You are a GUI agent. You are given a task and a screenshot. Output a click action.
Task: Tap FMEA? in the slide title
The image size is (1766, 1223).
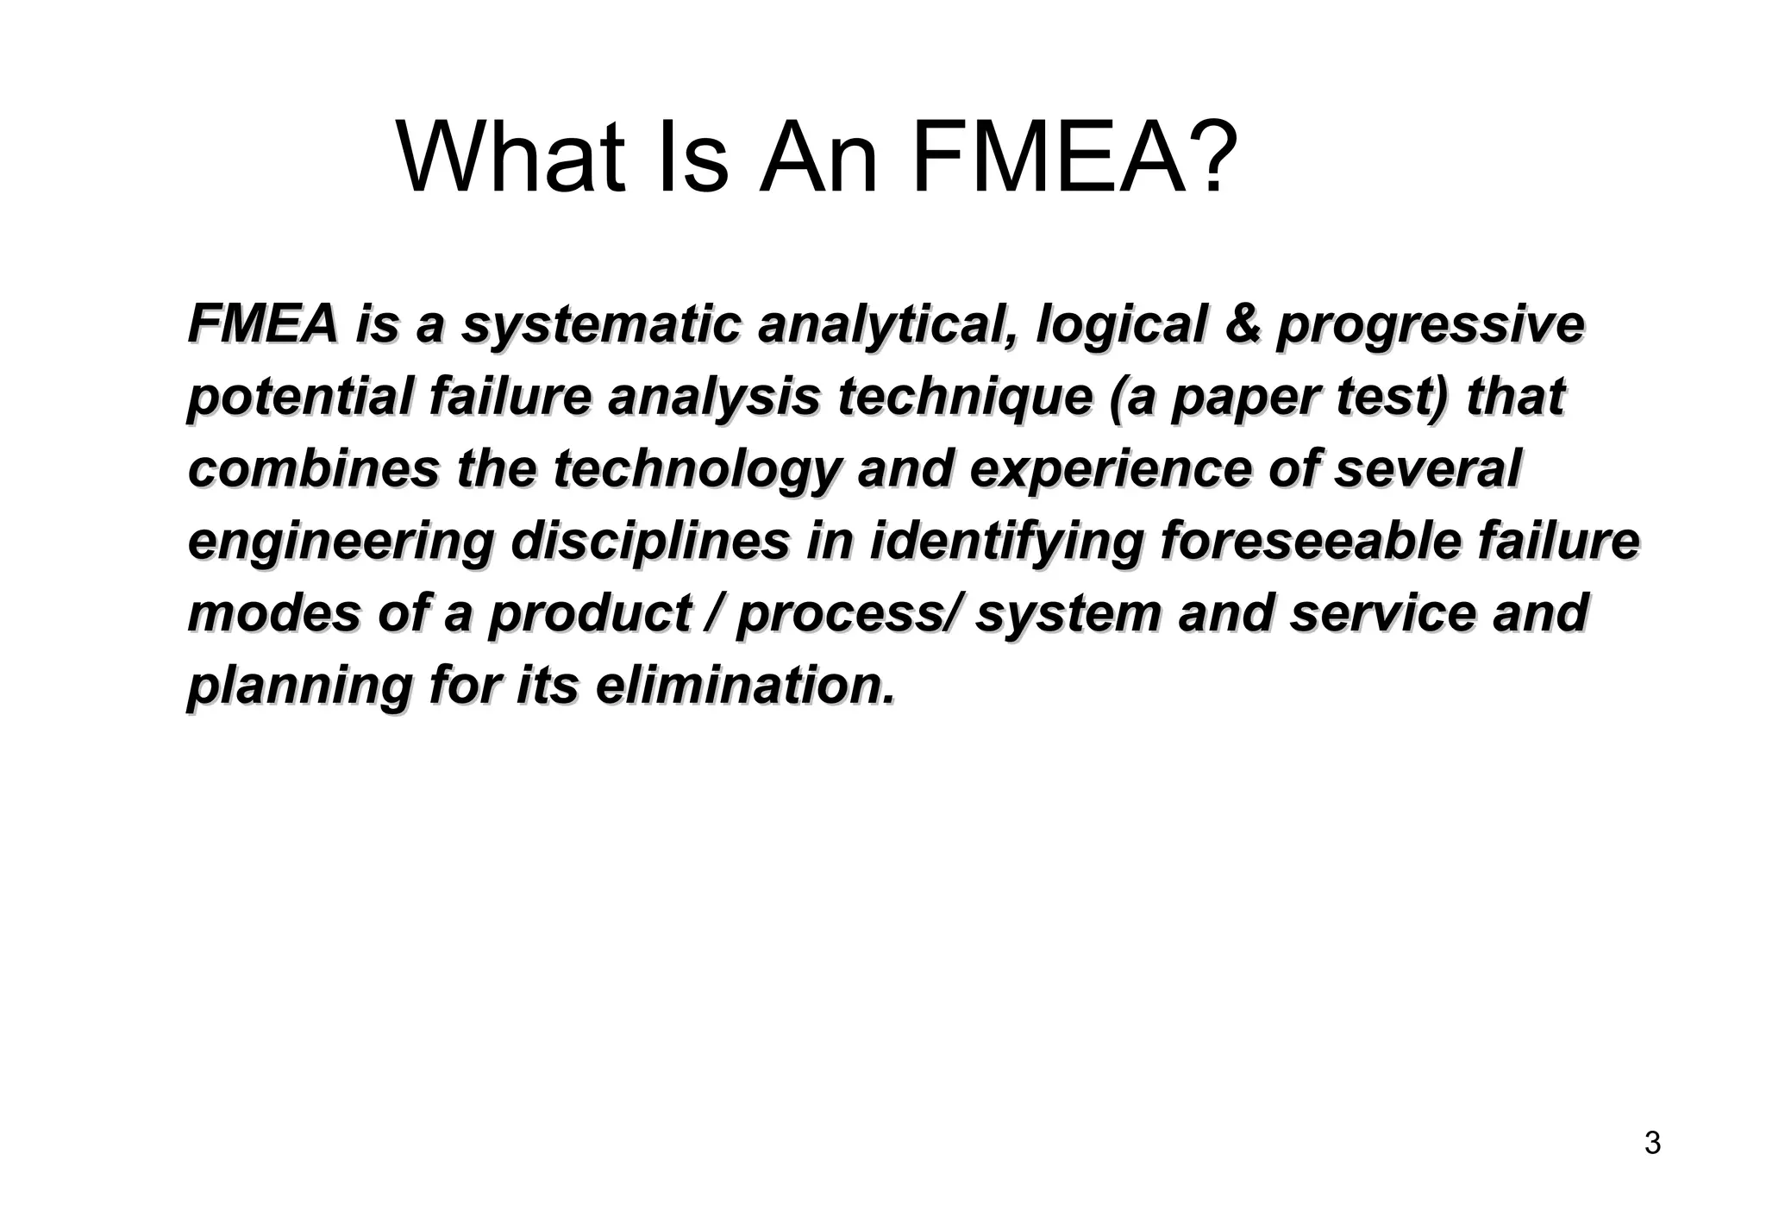(1074, 159)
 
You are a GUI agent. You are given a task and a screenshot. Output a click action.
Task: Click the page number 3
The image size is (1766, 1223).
(1652, 1143)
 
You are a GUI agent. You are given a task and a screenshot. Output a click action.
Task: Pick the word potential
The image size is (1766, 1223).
(300, 398)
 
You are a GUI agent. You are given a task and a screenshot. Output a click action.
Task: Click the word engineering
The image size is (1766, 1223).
(341, 543)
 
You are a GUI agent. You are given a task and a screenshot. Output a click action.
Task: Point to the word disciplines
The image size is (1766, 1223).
(650, 543)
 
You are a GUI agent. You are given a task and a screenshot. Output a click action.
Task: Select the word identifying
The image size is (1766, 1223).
(1005, 543)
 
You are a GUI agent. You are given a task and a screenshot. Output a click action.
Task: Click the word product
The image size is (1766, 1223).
(589, 614)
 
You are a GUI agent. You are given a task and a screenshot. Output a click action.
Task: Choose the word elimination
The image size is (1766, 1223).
(745, 686)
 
